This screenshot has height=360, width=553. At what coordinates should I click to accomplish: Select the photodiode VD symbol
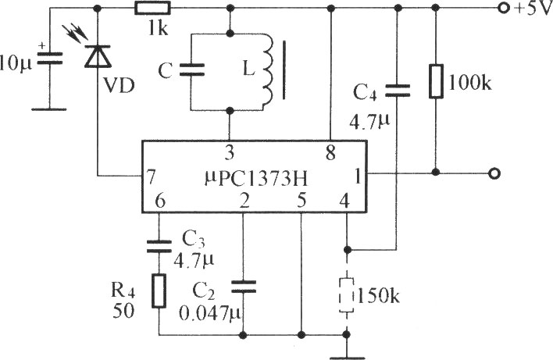click(x=97, y=57)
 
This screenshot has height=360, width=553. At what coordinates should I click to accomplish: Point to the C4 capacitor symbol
click(x=398, y=89)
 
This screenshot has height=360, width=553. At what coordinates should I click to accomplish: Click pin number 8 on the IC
click(x=331, y=151)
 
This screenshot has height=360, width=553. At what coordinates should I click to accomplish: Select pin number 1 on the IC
click(x=356, y=177)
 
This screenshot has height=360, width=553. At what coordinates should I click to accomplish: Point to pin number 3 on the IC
click(x=230, y=151)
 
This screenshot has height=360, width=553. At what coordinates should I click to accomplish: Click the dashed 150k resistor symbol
click(x=345, y=296)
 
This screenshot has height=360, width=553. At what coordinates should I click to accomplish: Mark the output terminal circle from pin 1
click(x=493, y=173)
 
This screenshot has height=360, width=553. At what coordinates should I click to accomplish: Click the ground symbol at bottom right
click(x=345, y=355)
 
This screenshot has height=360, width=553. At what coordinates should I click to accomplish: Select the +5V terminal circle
click(x=498, y=9)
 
